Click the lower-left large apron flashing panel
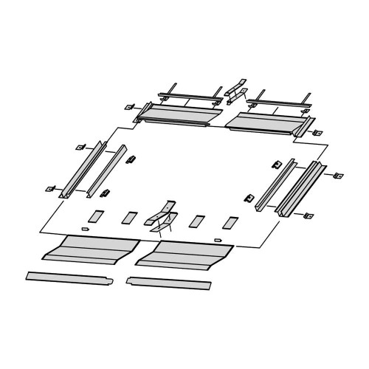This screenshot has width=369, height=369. (x=91, y=249)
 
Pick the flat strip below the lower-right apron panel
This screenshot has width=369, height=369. (x=169, y=283)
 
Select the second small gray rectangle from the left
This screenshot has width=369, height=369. (x=129, y=218)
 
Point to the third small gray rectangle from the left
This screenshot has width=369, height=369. (x=196, y=221)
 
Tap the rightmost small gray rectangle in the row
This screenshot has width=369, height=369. (x=232, y=221)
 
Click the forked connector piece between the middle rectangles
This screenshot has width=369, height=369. (x=163, y=215)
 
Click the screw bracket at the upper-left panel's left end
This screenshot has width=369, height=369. (x=131, y=107)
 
